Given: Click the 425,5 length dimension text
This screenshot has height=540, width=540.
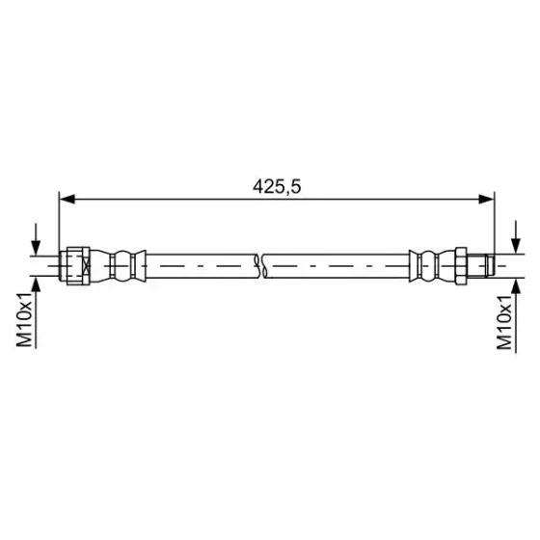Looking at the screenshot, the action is [277, 187].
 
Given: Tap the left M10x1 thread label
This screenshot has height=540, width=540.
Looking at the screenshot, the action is [24, 320].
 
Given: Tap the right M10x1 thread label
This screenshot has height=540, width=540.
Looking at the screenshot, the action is [504, 323].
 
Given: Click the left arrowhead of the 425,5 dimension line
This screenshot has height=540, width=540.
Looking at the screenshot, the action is [67, 199].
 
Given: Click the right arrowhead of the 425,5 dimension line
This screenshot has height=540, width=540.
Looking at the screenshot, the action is [487, 199].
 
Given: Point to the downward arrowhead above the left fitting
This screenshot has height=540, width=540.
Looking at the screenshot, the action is [36, 248].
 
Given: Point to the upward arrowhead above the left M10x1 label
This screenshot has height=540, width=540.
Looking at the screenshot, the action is [36, 284].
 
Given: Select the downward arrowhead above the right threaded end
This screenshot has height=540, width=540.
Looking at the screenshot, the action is [516, 246].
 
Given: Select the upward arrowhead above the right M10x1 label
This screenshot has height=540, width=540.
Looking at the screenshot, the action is [516, 285].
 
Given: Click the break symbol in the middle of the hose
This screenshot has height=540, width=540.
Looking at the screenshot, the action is [260, 266].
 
